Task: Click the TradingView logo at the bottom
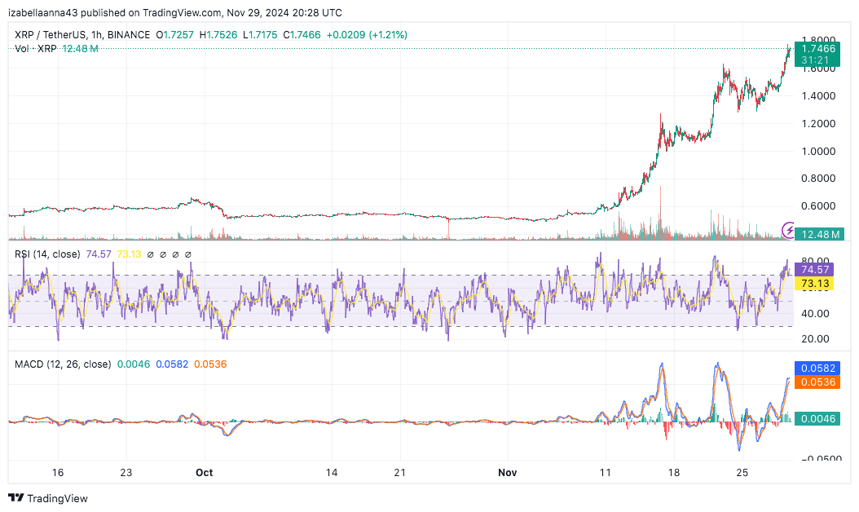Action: point(48,498)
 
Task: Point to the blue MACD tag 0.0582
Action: point(818,369)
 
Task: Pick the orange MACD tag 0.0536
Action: point(818,382)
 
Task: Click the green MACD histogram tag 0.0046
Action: point(818,417)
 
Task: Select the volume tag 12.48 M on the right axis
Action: point(818,235)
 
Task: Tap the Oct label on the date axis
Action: point(204,472)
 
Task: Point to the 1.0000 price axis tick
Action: point(817,151)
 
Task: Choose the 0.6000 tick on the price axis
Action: point(817,206)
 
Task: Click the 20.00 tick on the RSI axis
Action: point(815,338)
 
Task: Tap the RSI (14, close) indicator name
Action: point(47,254)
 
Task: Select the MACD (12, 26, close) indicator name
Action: point(63,364)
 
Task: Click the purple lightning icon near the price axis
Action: point(788,229)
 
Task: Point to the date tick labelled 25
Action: point(742,472)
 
